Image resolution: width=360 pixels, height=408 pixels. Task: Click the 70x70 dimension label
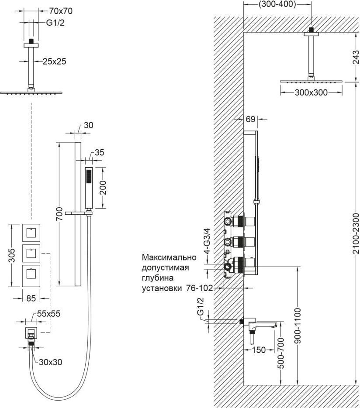(x=61, y=11)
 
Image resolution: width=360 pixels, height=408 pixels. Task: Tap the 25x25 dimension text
(x=55, y=62)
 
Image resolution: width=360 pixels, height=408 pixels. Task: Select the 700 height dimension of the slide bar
(x=60, y=214)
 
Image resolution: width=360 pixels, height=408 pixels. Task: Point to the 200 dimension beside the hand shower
(x=103, y=188)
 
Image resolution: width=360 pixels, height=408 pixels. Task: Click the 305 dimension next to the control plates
(x=12, y=255)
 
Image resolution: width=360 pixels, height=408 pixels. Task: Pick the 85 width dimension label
(x=31, y=298)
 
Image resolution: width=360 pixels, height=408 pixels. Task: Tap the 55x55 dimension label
(x=48, y=314)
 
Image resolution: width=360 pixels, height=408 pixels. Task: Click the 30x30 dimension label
(x=51, y=362)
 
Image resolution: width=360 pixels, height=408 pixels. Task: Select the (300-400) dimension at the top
(x=277, y=4)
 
